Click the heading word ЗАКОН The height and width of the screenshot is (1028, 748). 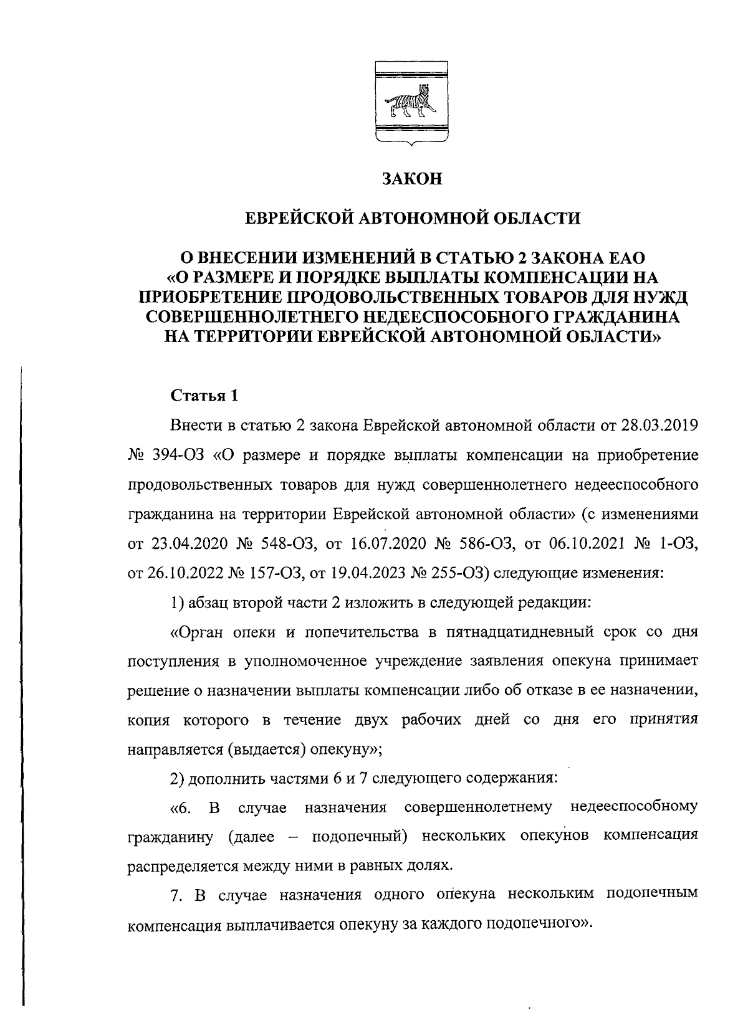(411, 179)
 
